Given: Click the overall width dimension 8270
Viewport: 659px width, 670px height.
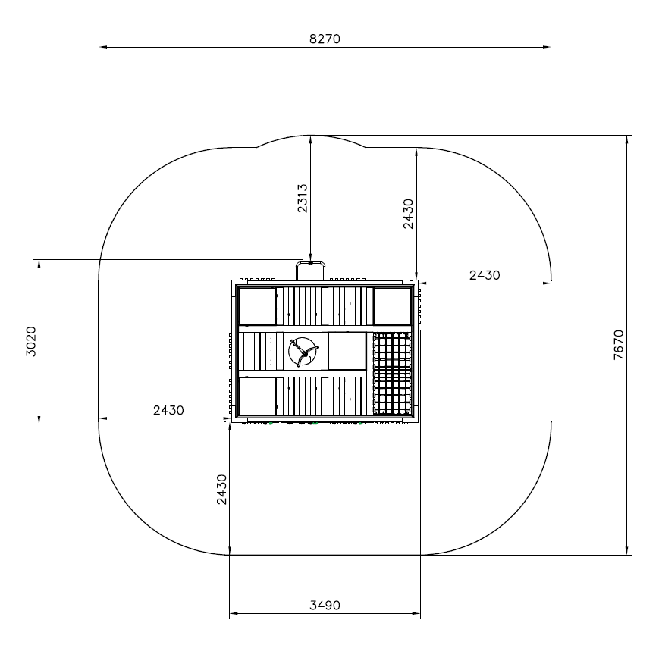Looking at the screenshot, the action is pos(325,39).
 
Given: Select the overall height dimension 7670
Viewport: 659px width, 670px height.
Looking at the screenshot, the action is pos(618,345).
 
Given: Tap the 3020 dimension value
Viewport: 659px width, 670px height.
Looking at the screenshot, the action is pos(31,341).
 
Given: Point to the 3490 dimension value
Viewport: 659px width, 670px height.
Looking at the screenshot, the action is pos(325,605).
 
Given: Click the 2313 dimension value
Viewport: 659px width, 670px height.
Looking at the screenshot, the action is pos(302,199).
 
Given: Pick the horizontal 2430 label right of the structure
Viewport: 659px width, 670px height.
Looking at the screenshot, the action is pos(485,275).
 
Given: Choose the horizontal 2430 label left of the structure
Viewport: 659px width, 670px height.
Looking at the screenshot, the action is pos(168,410).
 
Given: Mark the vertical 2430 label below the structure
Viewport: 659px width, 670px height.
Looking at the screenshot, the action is pos(221,490).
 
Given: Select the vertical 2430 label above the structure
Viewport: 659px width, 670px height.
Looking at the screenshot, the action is pos(409,214).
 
